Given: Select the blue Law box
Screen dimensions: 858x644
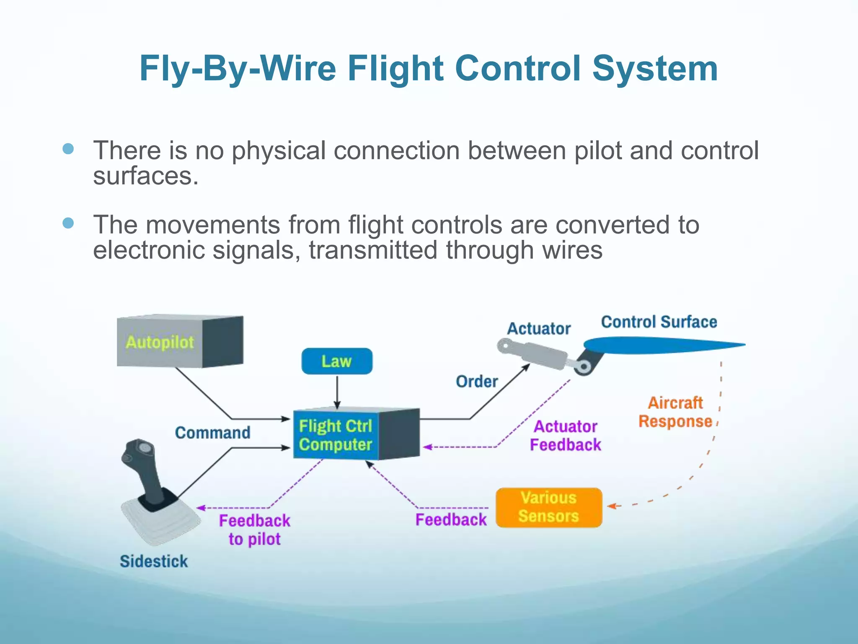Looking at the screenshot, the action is (x=337, y=361).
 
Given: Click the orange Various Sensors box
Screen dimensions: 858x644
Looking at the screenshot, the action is (x=549, y=507).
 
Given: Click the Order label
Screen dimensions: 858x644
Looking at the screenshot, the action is (x=477, y=382).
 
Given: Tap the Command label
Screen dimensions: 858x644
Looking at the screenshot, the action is (x=212, y=433).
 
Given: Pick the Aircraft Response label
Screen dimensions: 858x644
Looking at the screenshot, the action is (x=675, y=412).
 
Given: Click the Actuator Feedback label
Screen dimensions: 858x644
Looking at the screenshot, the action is (x=566, y=436).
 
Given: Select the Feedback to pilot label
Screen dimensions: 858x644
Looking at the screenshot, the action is (x=254, y=530).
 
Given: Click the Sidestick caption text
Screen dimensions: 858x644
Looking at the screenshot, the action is (x=154, y=561).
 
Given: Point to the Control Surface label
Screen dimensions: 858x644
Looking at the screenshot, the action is (x=659, y=322).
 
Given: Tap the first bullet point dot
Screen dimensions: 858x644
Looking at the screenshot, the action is (x=68, y=149).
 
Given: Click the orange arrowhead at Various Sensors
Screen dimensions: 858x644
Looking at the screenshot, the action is (x=612, y=506).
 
